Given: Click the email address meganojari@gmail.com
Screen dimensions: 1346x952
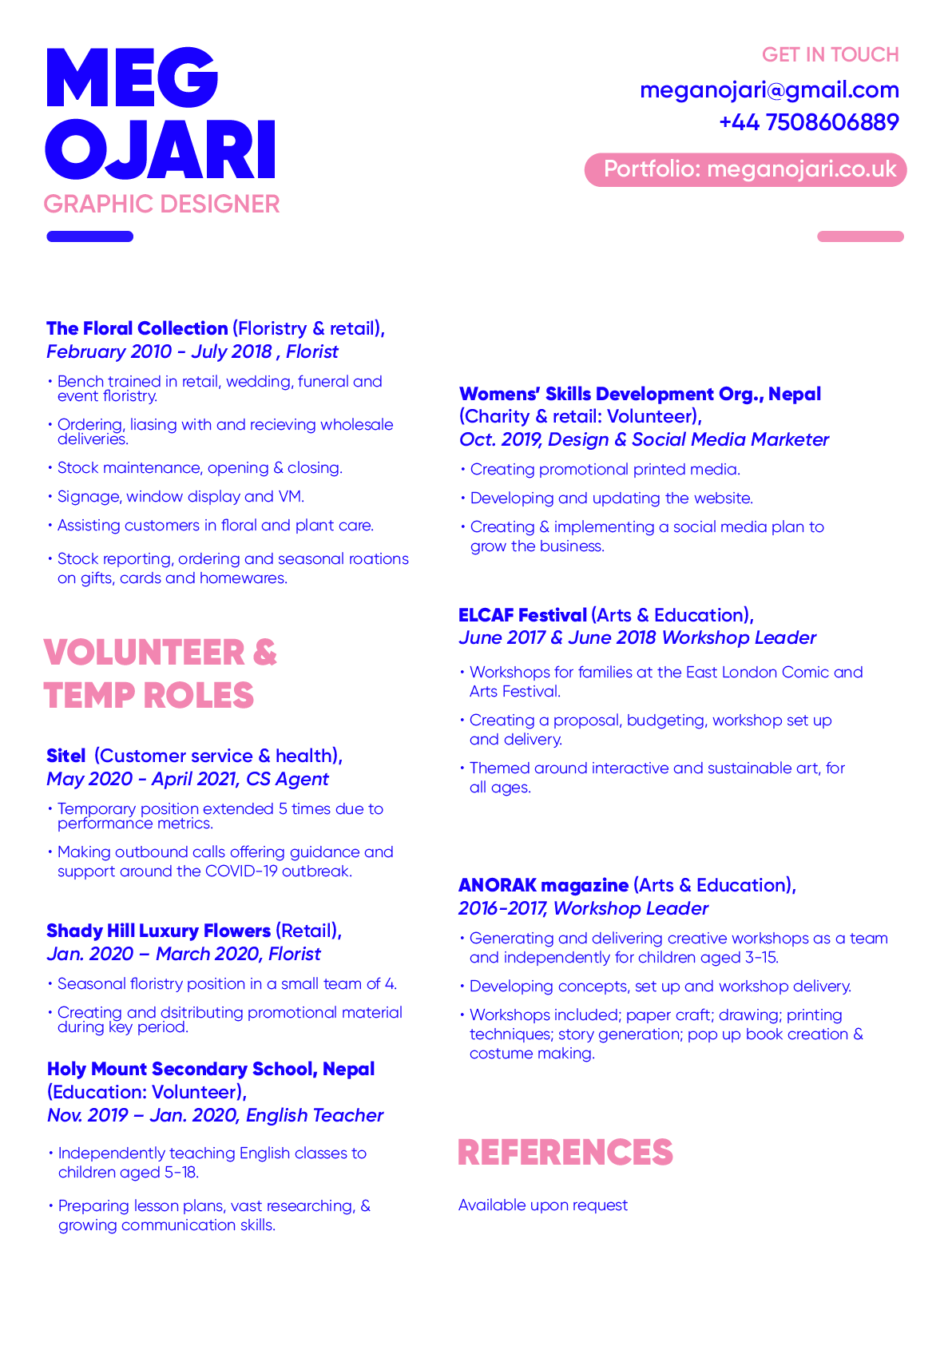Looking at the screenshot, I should click(769, 90).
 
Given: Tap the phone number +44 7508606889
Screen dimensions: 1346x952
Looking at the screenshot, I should click(808, 122).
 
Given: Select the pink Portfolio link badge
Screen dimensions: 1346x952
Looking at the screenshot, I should click(745, 169).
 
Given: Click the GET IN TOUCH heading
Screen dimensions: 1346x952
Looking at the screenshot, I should click(830, 55).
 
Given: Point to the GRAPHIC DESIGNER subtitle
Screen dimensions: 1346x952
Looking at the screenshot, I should click(161, 204).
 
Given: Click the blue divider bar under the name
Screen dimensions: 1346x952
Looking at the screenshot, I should click(89, 236).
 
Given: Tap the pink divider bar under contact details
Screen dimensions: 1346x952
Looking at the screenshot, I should click(860, 236).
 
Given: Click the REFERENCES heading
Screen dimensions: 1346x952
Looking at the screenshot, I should click(565, 1153).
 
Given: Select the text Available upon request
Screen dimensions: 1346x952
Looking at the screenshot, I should click(542, 1205).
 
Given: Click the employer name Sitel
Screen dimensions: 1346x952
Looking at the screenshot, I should click(65, 756).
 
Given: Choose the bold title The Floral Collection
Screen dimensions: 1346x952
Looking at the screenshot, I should click(137, 328).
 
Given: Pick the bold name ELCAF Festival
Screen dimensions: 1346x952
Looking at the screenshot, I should click(522, 615).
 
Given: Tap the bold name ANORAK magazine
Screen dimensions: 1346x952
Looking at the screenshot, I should click(543, 885).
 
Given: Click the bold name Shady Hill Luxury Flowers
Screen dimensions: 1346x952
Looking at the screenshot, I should click(158, 931).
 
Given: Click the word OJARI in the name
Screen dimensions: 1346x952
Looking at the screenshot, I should click(161, 149).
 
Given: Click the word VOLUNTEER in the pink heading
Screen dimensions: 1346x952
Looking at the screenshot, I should click(145, 653).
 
